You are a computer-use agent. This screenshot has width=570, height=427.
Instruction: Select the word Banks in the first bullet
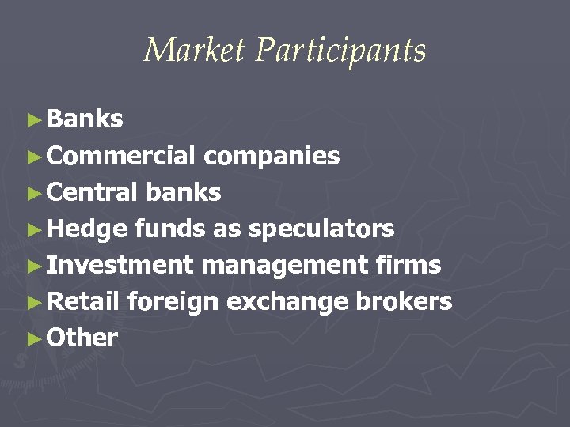[x=85, y=119]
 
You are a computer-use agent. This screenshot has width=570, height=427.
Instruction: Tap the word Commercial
[x=121, y=156]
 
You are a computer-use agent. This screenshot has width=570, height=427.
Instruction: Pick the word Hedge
[x=86, y=229]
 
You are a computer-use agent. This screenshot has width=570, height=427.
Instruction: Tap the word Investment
[x=120, y=265]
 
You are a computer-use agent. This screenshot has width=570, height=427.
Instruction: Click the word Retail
[x=83, y=301]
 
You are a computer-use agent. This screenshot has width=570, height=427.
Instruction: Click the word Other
[x=82, y=338]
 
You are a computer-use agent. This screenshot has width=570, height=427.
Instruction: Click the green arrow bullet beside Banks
[x=32, y=120]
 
